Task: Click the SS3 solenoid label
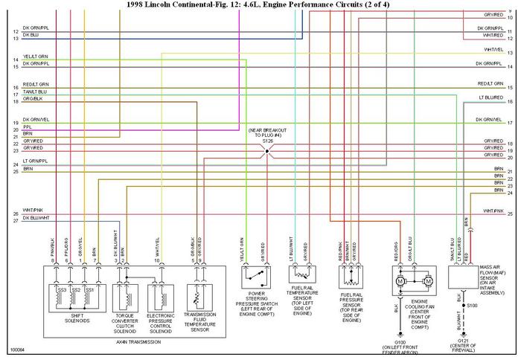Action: (x=63, y=289)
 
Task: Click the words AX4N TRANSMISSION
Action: (x=132, y=341)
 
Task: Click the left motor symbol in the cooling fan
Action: (x=400, y=283)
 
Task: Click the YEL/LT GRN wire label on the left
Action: (x=35, y=57)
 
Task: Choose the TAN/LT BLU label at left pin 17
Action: (x=35, y=91)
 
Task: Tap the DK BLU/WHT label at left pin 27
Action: (x=36, y=217)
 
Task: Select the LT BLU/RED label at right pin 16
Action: (x=491, y=97)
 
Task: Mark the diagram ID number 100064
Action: (x=16, y=349)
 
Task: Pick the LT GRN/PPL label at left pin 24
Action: (x=35, y=161)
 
